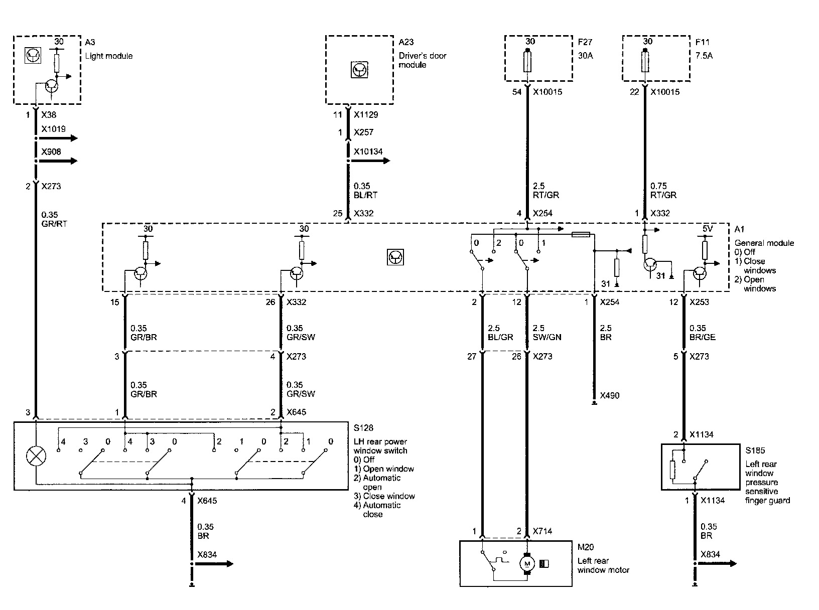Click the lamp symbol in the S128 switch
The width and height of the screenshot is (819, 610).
click(36, 456)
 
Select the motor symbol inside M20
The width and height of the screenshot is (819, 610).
click(527, 563)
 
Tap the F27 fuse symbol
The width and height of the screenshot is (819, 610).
click(527, 63)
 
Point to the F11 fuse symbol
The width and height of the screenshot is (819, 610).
click(645, 63)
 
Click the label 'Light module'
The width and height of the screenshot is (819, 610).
click(109, 56)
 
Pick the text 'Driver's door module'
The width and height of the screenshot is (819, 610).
click(422, 60)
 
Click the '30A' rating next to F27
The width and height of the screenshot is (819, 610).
click(585, 56)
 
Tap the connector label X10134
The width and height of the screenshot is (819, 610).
click(368, 151)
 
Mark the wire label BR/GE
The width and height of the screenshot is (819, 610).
click(703, 337)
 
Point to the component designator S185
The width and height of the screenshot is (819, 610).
click(755, 450)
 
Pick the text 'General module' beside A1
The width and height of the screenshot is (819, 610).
click(764, 243)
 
